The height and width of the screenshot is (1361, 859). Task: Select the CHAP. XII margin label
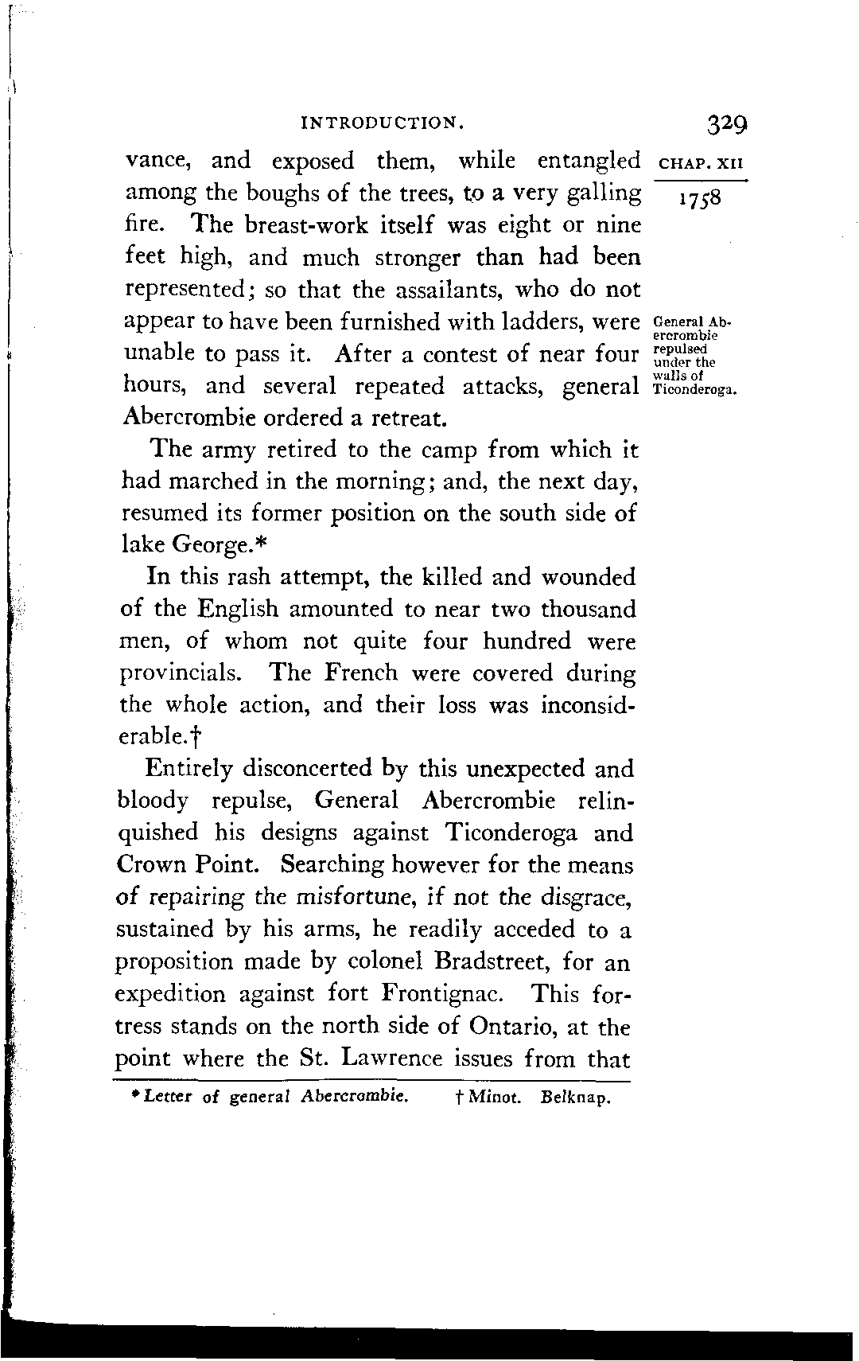point(701,165)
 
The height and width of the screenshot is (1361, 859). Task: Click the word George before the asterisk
point(209,546)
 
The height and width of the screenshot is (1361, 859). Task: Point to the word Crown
point(149,865)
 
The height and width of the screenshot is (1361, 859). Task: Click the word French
point(360,673)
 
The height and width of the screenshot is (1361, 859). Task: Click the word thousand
point(589,610)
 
